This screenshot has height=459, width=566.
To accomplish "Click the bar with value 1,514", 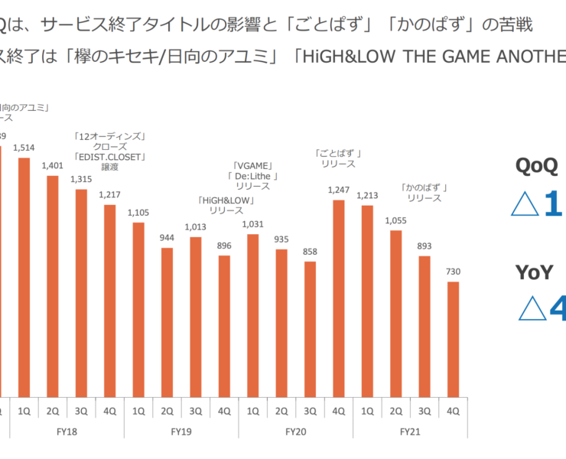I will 24,275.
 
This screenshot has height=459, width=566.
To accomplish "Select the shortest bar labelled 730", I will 453,337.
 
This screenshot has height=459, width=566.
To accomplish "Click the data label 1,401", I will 53,164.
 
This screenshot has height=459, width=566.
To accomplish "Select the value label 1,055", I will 395,220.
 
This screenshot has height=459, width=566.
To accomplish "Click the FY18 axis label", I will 67,432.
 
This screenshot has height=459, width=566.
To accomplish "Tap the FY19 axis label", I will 181,432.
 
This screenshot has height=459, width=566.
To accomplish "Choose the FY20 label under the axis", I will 296,432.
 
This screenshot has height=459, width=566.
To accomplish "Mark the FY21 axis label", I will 410,432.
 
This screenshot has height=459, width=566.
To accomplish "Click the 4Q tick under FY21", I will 453,411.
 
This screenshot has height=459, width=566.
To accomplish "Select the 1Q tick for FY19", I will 138,411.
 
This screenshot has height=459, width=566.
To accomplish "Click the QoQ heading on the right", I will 536,166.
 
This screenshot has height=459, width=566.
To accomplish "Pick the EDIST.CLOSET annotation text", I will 110,156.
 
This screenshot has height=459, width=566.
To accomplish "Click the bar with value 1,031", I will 252,314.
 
